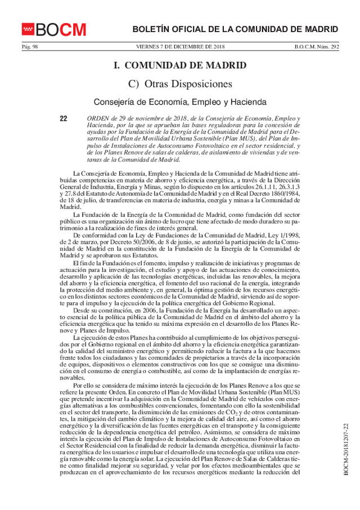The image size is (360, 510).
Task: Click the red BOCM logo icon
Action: (28, 29)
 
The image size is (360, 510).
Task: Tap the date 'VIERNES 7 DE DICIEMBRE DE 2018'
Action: (180, 47)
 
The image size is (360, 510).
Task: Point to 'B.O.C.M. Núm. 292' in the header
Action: (317, 47)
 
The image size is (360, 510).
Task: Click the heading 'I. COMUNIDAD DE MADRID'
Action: (180, 65)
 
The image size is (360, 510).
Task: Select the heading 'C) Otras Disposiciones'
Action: (180, 84)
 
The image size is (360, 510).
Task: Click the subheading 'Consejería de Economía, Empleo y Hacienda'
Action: (180, 102)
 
